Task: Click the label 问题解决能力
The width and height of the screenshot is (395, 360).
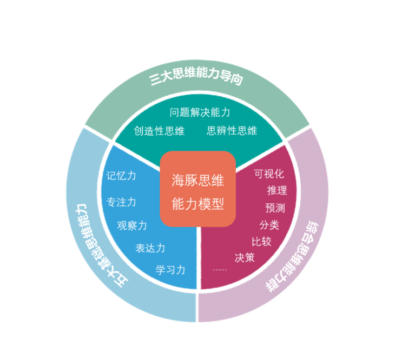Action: click(x=200, y=112)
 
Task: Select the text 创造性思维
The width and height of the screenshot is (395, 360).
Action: click(x=160, y=131)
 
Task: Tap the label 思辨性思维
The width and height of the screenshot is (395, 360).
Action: click(x=232, y=131)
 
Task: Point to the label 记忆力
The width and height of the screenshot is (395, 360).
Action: click(x=121, y=176)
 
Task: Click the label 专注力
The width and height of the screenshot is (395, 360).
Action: click(x=121, y=202)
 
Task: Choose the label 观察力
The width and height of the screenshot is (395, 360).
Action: click(x=132, y=225)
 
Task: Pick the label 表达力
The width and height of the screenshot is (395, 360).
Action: click(x=150, y=249)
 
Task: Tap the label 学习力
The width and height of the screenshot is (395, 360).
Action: click(x=170, y=270)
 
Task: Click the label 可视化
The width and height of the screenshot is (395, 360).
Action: click(x=269, y=174)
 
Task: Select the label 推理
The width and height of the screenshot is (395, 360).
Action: click(x=277, y=191)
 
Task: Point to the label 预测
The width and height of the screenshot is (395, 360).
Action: click(x=275, y=208)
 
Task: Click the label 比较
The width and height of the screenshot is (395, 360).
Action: click(x=261, y=242)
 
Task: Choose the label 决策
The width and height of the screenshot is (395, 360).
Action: click(x=245, y=258)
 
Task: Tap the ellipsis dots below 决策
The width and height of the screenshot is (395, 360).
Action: click(x=220, y=269)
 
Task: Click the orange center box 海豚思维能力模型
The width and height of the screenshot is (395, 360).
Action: click(x=198, y=189)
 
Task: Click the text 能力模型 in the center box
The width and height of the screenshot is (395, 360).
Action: click(x=198, y=204)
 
